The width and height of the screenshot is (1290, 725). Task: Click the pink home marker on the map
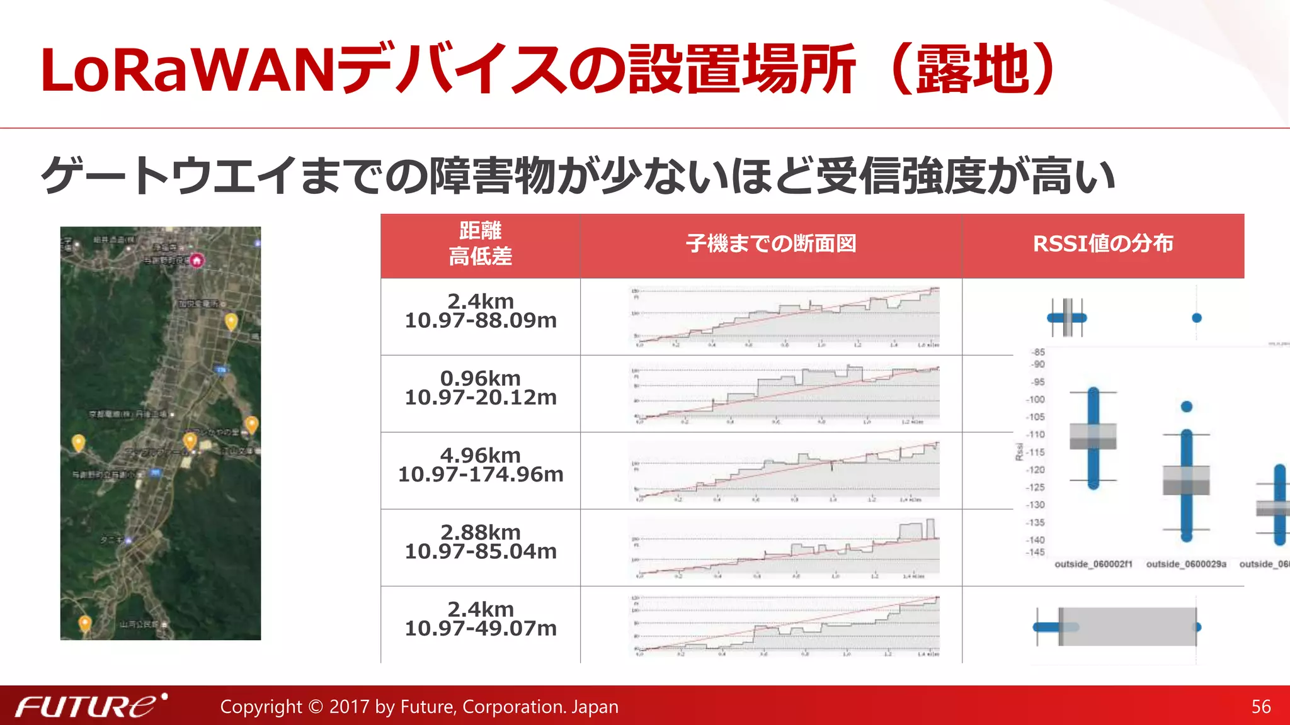197,261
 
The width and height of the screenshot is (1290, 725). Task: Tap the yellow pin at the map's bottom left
85,623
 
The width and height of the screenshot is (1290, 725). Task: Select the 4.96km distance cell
480,464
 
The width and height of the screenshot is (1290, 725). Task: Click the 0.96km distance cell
480,388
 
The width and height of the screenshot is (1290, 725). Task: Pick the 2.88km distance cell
480,541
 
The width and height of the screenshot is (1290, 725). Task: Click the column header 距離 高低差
480,244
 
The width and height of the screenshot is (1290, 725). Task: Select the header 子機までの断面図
771,244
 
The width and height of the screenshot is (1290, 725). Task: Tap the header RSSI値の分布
1103,244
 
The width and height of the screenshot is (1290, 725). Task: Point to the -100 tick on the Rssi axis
1036,400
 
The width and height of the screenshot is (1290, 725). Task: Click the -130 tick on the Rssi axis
1036,505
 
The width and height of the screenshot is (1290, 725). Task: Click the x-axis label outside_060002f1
1093,564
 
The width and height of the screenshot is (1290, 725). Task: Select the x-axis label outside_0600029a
1186,564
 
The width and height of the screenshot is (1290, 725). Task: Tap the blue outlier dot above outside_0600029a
1187,407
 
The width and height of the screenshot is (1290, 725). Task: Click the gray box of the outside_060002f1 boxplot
1093,436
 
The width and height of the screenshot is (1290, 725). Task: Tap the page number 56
1261,707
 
